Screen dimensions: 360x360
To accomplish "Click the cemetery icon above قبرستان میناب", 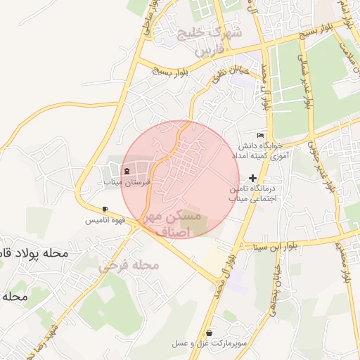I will (x=127, y=171).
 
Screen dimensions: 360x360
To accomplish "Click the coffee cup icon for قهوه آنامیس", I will (x=105, y=209).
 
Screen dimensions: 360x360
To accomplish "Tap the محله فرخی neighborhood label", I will (x=129, y=265).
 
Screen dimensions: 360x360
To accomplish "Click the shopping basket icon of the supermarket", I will (x=210, y=332).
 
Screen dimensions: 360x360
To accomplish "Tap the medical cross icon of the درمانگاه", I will (x=253, y=179).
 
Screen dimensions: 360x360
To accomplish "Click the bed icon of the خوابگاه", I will (x=261, y=135).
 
